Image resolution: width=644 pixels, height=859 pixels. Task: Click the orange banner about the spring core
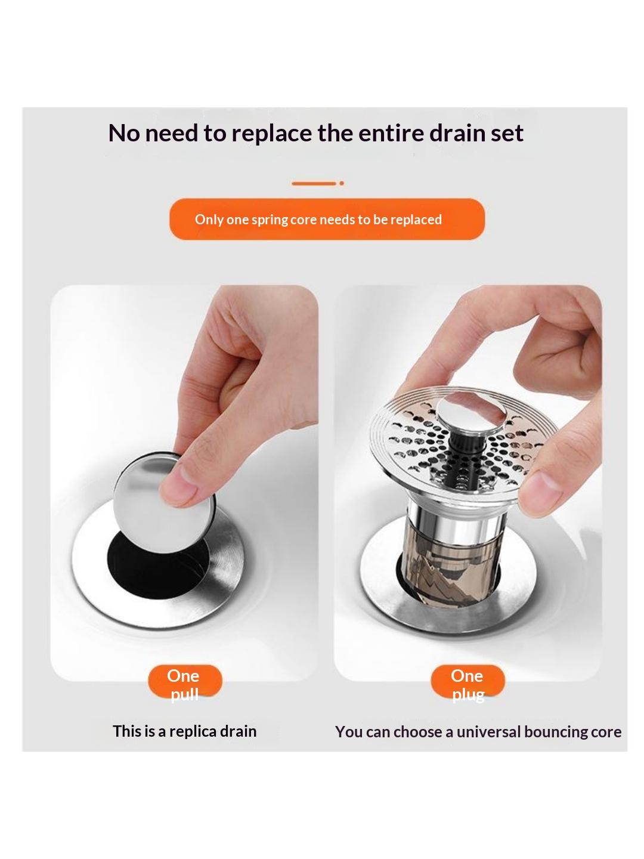[327, 219]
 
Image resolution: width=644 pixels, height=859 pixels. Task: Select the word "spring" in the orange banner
[268, 220]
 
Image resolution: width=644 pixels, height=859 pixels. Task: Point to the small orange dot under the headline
[342, 183]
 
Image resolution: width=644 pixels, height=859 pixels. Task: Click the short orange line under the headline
[314, 183]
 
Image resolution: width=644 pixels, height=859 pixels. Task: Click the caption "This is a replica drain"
[185, 731]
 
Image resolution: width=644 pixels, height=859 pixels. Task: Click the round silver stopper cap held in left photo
[163, 502]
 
